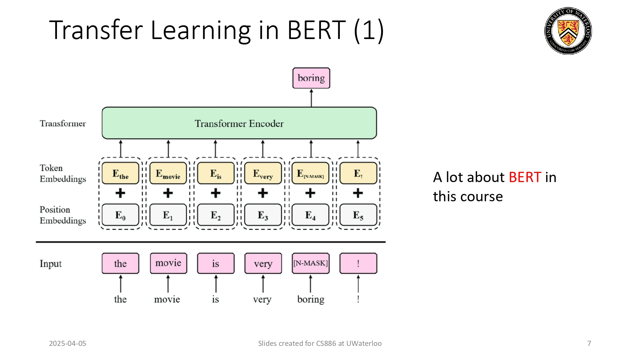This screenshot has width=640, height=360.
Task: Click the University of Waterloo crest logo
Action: [x=568, y=31]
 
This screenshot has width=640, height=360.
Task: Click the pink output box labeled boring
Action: [x=311, y=78]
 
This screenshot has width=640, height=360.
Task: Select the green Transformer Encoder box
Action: [x=239, y=123]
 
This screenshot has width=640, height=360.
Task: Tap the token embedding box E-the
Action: [x=120, y=173]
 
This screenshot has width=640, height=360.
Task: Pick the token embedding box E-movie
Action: [x=168, y=173]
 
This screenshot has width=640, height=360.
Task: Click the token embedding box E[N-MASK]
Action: [x=310, y=173]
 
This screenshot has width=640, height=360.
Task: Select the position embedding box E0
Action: [x=120, y=215]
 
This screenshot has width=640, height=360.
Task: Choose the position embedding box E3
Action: [x=263, y=215]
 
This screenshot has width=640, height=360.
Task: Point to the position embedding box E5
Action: [x=358, y=215]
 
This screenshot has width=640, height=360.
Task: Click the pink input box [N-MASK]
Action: [x=310, y=263]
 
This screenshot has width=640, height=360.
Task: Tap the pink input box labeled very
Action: [x=263, y=263]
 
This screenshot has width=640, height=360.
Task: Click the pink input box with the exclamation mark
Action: [x=358, y=263]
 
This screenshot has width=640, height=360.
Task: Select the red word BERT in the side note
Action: [x=525, y=177]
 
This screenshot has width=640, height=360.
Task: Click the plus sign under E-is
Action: [x=216, y=193]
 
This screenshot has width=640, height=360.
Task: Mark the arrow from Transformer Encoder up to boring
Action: [x=311, y=98]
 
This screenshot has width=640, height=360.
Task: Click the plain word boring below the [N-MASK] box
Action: [x=311, y=299]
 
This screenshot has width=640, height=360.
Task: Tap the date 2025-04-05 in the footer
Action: [x=68, y=343]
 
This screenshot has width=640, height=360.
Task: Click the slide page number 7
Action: [x=589, y=343]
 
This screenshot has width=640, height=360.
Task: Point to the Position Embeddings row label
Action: [x=63, y=215]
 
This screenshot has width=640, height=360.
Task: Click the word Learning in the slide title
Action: [x=201, y=30]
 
